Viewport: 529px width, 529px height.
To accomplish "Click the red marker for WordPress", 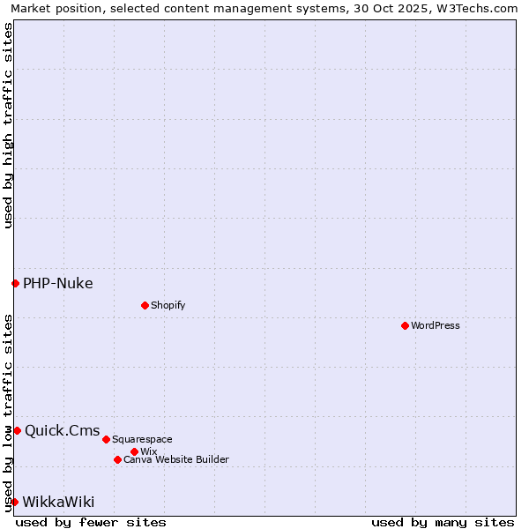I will [405, 325].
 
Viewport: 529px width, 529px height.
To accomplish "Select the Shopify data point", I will [145, 305].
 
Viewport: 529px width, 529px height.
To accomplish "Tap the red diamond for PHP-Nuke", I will [15, 283].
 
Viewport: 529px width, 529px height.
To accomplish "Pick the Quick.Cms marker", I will [17, 430].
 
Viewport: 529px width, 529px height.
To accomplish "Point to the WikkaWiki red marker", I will [14, 502].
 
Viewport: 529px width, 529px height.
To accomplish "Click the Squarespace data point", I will [106, 439].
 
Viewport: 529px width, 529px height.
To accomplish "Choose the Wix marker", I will [134, 451].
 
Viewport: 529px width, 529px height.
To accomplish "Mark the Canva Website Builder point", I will [117, 459].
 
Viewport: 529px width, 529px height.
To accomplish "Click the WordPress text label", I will [436, 325].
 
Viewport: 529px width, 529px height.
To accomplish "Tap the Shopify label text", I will [168, 305].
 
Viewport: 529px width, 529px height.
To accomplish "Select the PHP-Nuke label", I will [58, 283].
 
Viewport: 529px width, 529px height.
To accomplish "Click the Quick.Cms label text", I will [63, 430].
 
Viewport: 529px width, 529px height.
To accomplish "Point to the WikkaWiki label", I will [58, 502].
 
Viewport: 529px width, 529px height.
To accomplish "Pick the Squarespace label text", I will [142, 439].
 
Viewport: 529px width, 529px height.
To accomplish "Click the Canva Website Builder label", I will [176, 459].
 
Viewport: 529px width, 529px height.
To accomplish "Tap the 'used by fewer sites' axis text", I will [91, 522].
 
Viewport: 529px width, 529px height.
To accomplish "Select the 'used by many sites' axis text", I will [443, 522].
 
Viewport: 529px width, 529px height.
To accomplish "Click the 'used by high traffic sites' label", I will [8, 126].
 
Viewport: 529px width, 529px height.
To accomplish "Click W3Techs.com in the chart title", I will [473, 8].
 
